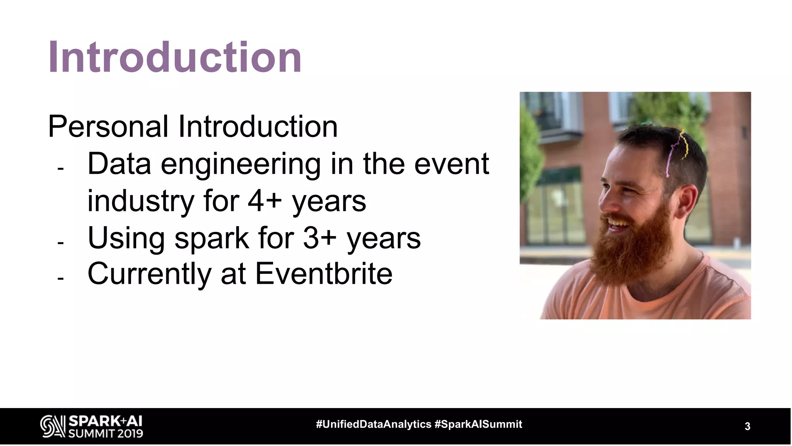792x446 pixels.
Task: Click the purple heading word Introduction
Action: [x=174, y=57]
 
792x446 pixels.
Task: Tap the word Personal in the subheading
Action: [x=108, y=126]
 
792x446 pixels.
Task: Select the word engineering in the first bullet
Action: [x=241, y=164]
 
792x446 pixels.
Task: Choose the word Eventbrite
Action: [x=324, y=274]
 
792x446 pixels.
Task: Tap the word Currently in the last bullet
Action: [x=149, y=274]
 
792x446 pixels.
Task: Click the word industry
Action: [x=140, y=201]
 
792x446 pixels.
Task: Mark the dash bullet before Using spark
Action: [x=60, y=243]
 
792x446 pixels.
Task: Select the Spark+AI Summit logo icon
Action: [x=52, y=426]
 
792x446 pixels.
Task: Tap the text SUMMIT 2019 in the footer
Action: [x=106, y=433]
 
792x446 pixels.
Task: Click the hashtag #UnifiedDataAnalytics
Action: [x=374, y=424]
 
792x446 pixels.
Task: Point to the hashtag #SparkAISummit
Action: [x=478, y=424]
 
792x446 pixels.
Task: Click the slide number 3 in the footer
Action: [x=747, y=427]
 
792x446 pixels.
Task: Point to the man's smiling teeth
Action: [x=618, y=223]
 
